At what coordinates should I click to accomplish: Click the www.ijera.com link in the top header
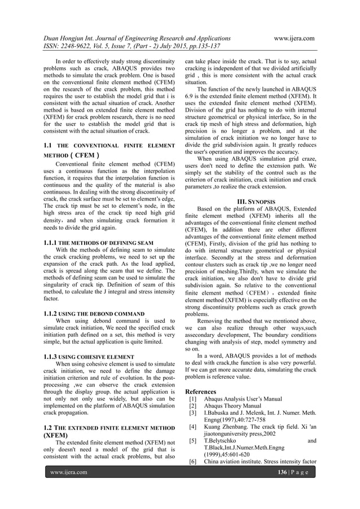293,38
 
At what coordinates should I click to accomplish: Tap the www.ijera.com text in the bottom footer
69,472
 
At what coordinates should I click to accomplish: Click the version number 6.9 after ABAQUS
191,98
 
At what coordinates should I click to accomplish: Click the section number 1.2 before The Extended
49,429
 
